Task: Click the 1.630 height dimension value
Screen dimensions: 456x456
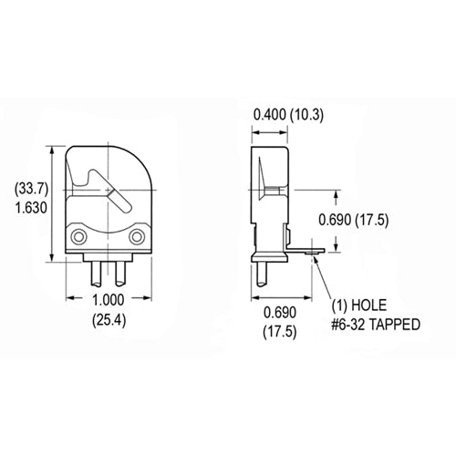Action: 30,207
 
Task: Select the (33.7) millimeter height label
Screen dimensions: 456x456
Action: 30,189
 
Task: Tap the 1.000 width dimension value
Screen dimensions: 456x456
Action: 109,302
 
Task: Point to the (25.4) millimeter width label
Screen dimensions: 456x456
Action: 109,320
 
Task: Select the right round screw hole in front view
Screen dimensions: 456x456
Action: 137,238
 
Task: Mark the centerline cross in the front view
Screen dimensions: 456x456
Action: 109,190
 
